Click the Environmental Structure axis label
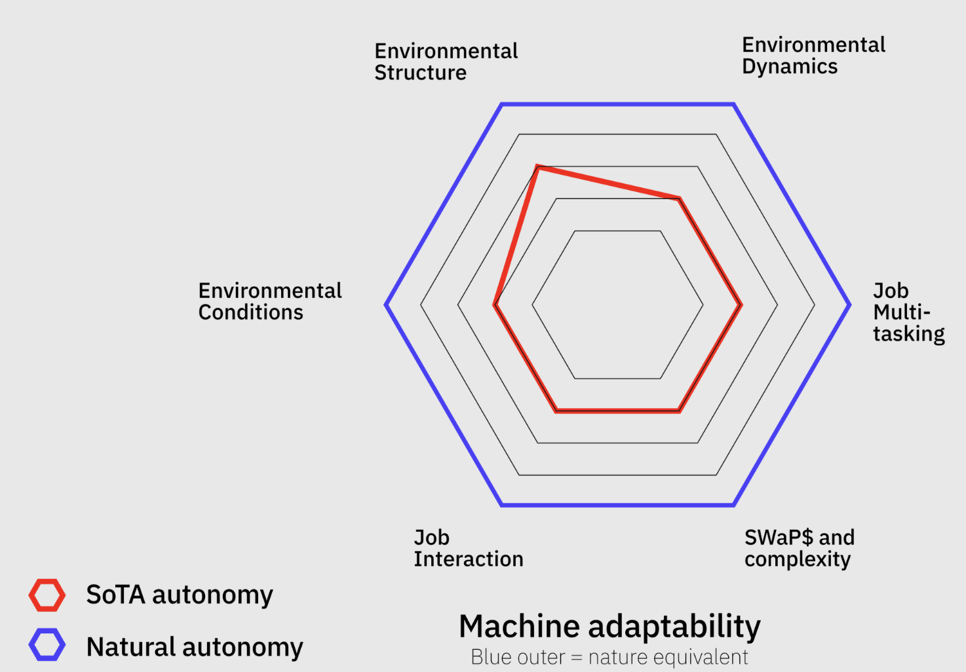click(446, 62)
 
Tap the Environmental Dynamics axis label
click(813, 56)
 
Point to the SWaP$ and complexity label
click(799, 548)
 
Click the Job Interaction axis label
click(468, 548)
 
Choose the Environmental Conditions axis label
click(269, 301)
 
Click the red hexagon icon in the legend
click(47, 595)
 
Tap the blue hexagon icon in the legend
click(47, 644)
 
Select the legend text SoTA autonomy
click(180, 595)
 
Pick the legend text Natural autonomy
click(195, 647)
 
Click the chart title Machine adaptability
click(609, 626)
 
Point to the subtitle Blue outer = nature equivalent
click(609, 657)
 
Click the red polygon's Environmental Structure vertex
click(537, 167)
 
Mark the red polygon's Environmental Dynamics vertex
click(680, 198)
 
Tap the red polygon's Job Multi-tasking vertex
click(741, 305)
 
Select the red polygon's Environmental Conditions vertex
click(495, 305)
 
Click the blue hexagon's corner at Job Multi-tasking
click(849, 305)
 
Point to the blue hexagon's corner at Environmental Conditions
click(386, 305)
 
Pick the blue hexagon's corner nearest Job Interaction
click(502, 505)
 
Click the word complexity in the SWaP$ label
click(797, 560)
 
